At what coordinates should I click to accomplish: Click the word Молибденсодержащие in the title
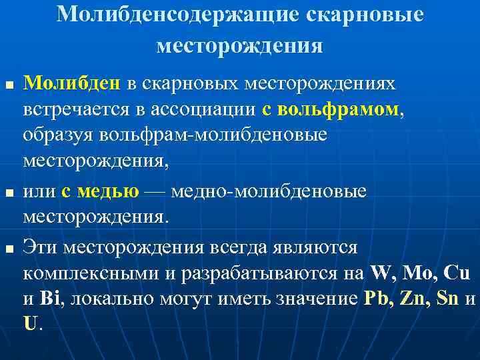(x=181, y=15)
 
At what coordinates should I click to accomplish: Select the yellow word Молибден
(x=72, y=84)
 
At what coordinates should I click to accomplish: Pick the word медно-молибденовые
(x=269, y=192)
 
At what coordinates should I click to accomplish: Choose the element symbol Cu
(x=456, y=273)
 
